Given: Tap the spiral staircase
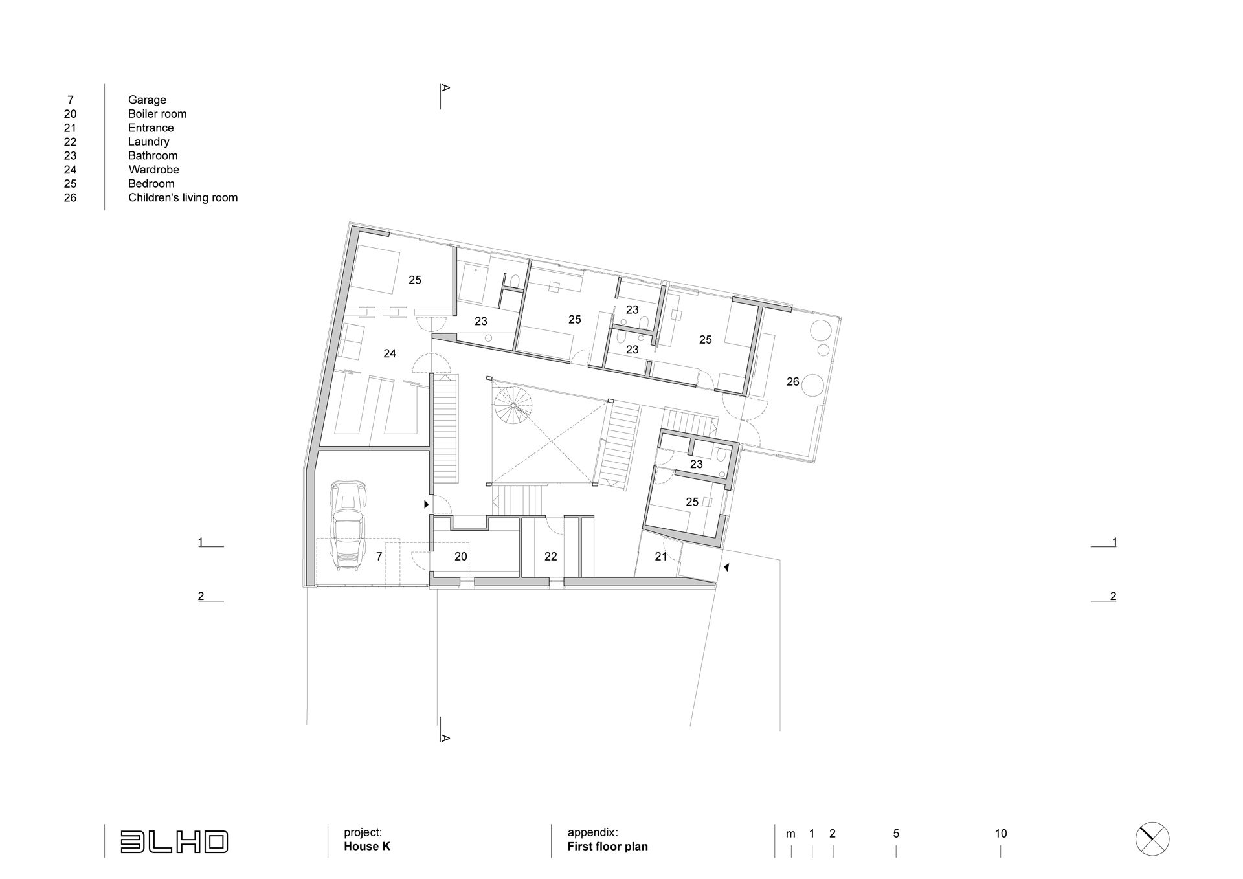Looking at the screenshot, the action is click(x=513, y=405).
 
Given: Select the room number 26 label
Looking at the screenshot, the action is click(x=793, y=382).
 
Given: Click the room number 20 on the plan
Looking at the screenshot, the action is click(x=460, y=557).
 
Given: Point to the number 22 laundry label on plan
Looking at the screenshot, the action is click(x=551, y=557).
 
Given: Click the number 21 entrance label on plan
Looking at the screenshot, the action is click(x=661, y=557).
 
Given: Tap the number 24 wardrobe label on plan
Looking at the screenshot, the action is click(x=390, y=353).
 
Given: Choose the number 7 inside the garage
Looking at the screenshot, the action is click(x=379, y=557).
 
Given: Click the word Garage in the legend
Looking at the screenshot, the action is click(x=147, y=100).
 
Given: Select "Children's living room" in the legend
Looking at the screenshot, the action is click(x=183, y=197).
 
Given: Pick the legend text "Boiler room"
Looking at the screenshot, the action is click(x=157, y=114).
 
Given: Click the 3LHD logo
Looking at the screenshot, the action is click(x=174, y=841).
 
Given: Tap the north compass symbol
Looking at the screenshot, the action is click(x=1152, y=840).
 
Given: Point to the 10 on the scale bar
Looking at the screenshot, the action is click(x=1001, y=834).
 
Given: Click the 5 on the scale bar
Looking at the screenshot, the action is click(x=896, y=834).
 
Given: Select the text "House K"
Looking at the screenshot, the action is click(x=367, y=847).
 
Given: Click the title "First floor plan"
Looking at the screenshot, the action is click(x=607, y=847).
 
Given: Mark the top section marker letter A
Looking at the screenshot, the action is click(x=445, y=88).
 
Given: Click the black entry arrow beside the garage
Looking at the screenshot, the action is click(x=426, y=504).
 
